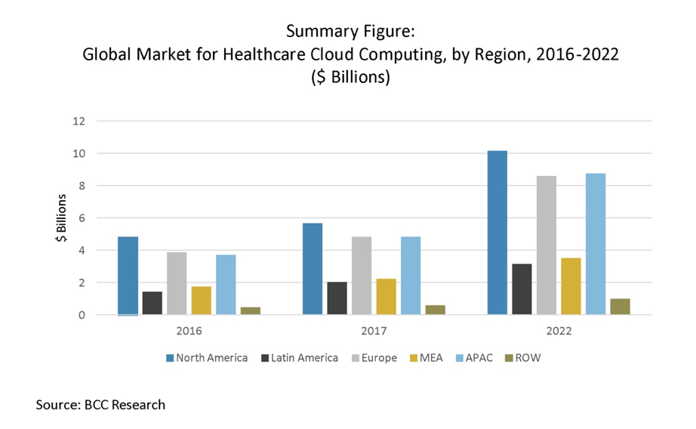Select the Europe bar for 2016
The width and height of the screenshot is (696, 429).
(x=177, y=283)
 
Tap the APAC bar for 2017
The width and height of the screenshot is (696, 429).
(x=411, y=276)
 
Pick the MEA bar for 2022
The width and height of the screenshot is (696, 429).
(x=571, y=286)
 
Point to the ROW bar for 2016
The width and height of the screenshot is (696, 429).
(x=251, y=310)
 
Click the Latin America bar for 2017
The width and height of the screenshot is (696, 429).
(x=337, y=298)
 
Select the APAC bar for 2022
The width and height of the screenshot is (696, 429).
(x=595, y=244)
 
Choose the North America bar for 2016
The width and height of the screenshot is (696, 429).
(x=128, y=276)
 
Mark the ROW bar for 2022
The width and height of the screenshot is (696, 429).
(x=620, y=307)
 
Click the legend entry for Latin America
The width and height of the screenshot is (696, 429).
(x=300, y=357)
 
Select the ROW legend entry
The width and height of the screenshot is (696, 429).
(x=525, y=357)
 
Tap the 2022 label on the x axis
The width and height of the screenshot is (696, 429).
(x=559, y=331)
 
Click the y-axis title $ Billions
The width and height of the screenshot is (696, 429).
(x=60, y=219)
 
